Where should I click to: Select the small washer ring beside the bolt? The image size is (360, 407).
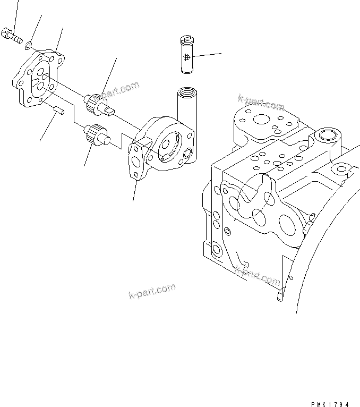click(x=31, y=43)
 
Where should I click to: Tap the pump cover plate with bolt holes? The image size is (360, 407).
click(x=40, y=80)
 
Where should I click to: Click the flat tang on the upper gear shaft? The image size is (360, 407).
click(x=109, y=111)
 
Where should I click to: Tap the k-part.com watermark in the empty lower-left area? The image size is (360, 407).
click(x=152, y=291)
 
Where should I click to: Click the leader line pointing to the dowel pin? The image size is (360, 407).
click(x=47, y=128)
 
